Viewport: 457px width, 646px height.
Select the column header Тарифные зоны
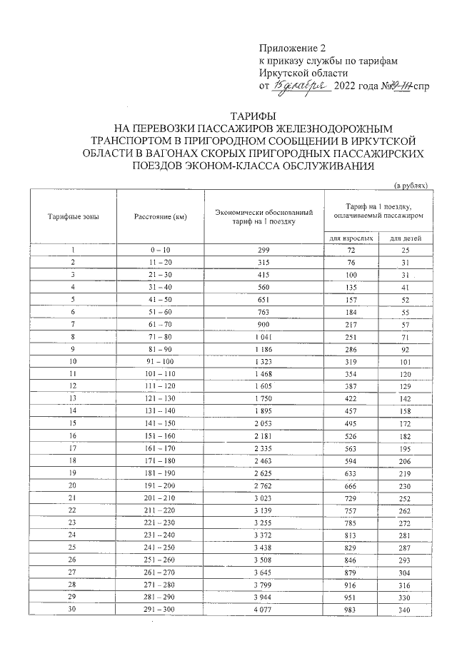[x=74, y=216]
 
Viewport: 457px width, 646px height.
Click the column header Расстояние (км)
[x=160, y=216]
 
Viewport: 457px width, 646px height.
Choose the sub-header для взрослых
[x=351, y=237]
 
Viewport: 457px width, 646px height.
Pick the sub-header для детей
[x=405, y=237]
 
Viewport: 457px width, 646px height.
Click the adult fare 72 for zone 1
[x=351, y=250]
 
